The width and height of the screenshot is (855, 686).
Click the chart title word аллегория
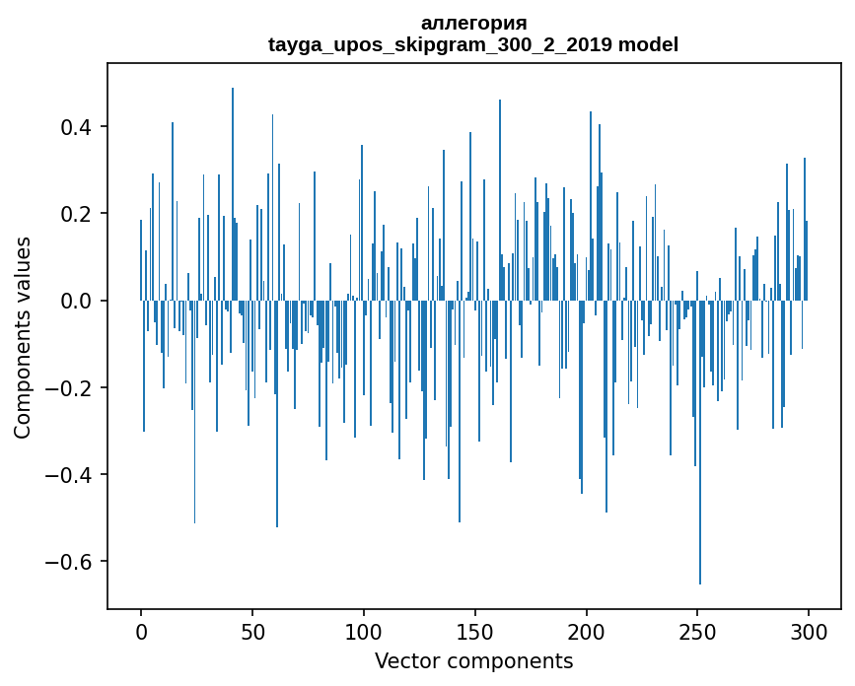(473, 24)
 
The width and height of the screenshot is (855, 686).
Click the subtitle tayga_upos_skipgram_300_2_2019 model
(473, 45)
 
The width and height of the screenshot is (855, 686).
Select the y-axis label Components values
(23, 337)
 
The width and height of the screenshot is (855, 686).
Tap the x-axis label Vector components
(473, 661)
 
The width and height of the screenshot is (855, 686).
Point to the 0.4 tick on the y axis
(80, 127)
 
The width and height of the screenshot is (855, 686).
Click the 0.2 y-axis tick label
(80, 214)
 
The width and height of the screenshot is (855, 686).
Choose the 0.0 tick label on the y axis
(80, 301)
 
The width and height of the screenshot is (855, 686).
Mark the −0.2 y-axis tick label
(74, 387)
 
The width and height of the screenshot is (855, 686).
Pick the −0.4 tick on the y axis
(74, 475)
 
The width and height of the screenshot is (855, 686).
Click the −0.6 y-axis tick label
(74, 562)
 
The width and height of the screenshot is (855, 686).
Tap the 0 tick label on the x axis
(141, 629)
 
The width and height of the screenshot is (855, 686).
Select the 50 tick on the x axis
(252, 629)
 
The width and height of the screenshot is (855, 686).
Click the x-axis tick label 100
(364, 629)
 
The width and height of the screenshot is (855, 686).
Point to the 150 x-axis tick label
(475, 629)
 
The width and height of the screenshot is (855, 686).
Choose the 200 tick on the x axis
(587, 629)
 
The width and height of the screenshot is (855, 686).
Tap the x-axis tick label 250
(698, 629)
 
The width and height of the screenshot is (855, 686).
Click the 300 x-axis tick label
(810, 629)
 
